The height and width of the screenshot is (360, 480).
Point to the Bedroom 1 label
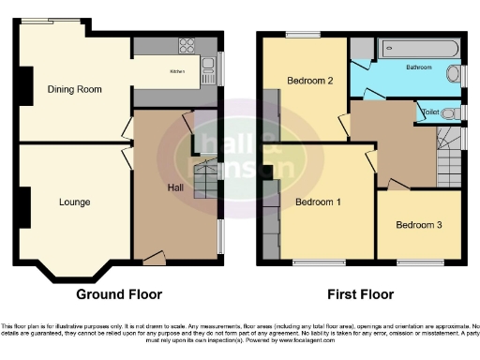(x=318, y=202)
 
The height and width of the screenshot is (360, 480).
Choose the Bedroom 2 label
(x=311, y=81)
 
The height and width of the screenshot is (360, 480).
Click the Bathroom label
(x=419, y=68)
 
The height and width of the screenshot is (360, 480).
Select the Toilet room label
(x=430, y=112)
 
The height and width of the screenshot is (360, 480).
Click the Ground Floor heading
(x=119, y=293)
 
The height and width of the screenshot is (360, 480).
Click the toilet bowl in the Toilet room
(x=452, y=113)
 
